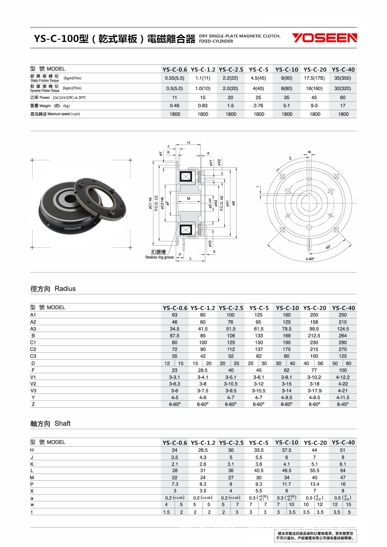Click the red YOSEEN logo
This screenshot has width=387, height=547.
click(x=324, y=38)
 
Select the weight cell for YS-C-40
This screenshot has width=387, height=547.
click(x=343, y=106)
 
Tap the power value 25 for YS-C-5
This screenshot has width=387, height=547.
click(x=258, y=97)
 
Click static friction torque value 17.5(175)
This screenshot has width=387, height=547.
click(x=314, y=78)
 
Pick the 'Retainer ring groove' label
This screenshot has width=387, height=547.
click(x=159, y=257)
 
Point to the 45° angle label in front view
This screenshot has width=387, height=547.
click(x=328, y=247)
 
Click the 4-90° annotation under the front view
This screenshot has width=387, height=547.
click(x=310, y=259)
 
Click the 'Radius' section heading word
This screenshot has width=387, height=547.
click(x=65, y=288)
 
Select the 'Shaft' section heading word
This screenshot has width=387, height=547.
click(x=62, y=423)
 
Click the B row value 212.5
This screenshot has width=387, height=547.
click(x=314, y=336)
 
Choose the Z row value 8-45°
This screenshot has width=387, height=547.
click(x=343, y=404)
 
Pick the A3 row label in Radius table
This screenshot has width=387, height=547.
click(x=33, y=329)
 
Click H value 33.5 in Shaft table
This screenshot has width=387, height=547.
click(x=259, y=450)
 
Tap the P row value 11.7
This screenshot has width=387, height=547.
click(x=287, y=484)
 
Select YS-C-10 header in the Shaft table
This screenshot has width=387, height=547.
click(x=287, y=442)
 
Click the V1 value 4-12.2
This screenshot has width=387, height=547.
click(x=343, y=377)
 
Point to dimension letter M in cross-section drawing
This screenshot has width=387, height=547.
click(x=188, y=198)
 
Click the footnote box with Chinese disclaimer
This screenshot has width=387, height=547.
click(x=315, y=536)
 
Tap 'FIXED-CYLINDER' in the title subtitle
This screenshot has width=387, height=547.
click(x=216, y=41)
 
